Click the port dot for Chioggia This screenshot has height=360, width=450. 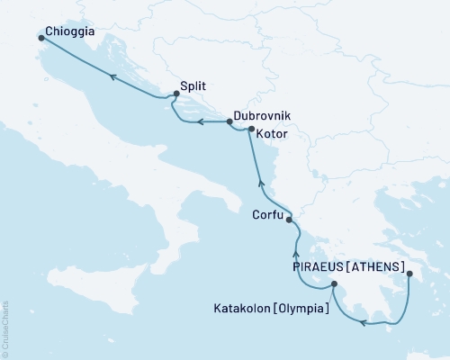41,38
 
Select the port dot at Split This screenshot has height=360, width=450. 175,95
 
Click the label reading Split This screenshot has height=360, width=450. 193,86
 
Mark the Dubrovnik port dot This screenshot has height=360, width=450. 229,121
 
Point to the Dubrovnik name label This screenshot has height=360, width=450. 263,117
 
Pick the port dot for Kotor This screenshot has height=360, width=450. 251,129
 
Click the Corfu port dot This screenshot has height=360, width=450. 289,218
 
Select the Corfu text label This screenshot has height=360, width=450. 266,215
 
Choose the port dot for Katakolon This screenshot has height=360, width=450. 334,285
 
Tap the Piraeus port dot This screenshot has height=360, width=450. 409,275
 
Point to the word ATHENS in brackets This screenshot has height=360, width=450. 377,266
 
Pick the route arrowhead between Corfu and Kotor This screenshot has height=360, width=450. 261,183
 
